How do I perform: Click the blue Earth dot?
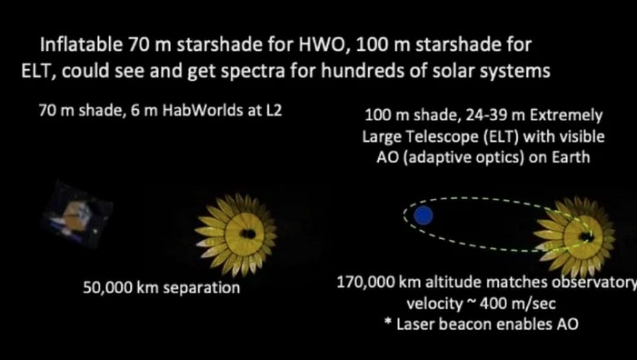(x=423, y=215)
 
